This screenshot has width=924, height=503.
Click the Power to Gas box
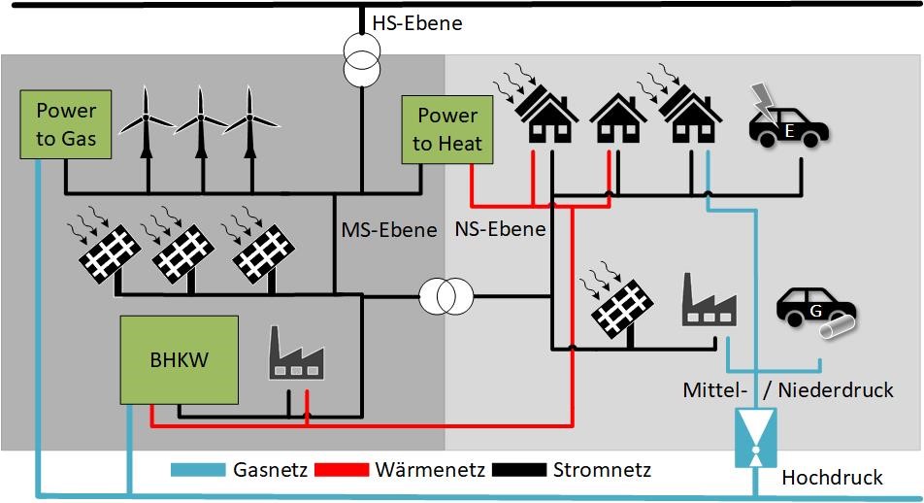pyautogui.click(x=65, y=124)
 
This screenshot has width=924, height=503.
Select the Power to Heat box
pyautogui.click(x=447, y=130)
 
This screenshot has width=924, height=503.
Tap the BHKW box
pyautogui.click(x=180, y=359)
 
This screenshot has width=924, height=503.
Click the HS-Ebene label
pyautogui.click(x=417, y=23)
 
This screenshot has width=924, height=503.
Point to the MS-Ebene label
pyautogui.click(x=389, y=229)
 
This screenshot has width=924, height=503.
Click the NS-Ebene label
pyautogui.click(x=500, y=229)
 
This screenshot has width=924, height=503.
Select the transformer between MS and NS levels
pyautogui.click(x=446, y=296)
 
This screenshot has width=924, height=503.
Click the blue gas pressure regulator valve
pyautogui.click(x=755, y=438)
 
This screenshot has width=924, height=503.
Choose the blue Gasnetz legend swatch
pyautogui.click(x=198, y=469)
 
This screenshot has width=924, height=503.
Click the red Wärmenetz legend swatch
pyautogui.click(x=342, y=469)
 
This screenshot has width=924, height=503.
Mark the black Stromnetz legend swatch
pyautogui.click(x=519, y=469)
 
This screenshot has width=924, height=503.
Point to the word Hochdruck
pyautogui.click(x=832, y=477)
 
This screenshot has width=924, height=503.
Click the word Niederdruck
pyautogui.click(x=836, y=389)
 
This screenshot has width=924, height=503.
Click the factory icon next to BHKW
pyautogui.click(x=296, y=352)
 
